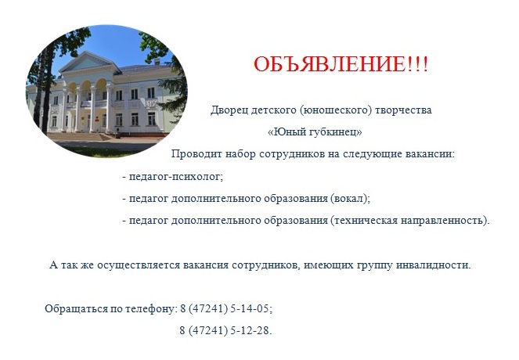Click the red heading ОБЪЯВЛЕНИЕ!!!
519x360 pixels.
[341, 64]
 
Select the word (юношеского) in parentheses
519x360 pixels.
[336, 110]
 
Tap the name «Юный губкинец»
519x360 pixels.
[315, 132]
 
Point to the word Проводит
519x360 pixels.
[197, 154]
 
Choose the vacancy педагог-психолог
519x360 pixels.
[175, 176]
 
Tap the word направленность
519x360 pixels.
[442, 221]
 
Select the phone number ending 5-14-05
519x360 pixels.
[225, 308]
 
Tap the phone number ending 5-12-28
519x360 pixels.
[225, 330]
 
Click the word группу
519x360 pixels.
[375, 265]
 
